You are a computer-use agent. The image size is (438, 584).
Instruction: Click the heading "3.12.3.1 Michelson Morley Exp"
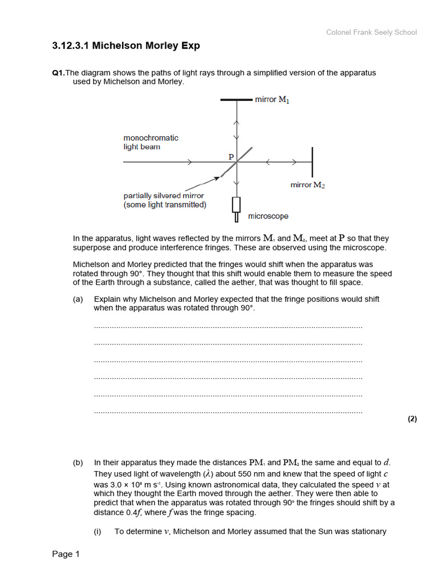click(126, 46)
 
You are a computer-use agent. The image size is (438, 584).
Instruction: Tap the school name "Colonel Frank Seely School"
click(371, 33)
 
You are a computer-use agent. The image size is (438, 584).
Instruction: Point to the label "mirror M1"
click(272, 100)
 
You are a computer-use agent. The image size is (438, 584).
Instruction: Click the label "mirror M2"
click(307, 185)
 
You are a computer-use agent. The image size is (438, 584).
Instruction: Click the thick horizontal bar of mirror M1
click(236, 100)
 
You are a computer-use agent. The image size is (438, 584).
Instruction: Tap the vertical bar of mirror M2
click(312, 162)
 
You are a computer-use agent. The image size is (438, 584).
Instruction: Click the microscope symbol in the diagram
click(236, 208)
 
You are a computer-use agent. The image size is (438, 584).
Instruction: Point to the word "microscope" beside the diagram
click(268, 217)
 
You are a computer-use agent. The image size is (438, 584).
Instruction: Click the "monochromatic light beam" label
click(151, 142)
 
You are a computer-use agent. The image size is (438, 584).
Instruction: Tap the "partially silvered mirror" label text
click(164, 196)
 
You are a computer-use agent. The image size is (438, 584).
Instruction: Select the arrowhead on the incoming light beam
click(189, 163)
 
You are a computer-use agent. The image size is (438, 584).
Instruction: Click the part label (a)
click(78, 299)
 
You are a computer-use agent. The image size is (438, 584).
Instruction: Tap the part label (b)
click(78, 463)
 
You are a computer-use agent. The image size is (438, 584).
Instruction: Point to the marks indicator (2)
click(412, 419)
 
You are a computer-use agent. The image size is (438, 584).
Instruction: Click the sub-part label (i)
click(98, 532)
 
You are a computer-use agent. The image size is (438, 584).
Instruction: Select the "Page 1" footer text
click(66, 554)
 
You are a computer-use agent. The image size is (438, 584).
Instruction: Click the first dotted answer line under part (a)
click(228, 327)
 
